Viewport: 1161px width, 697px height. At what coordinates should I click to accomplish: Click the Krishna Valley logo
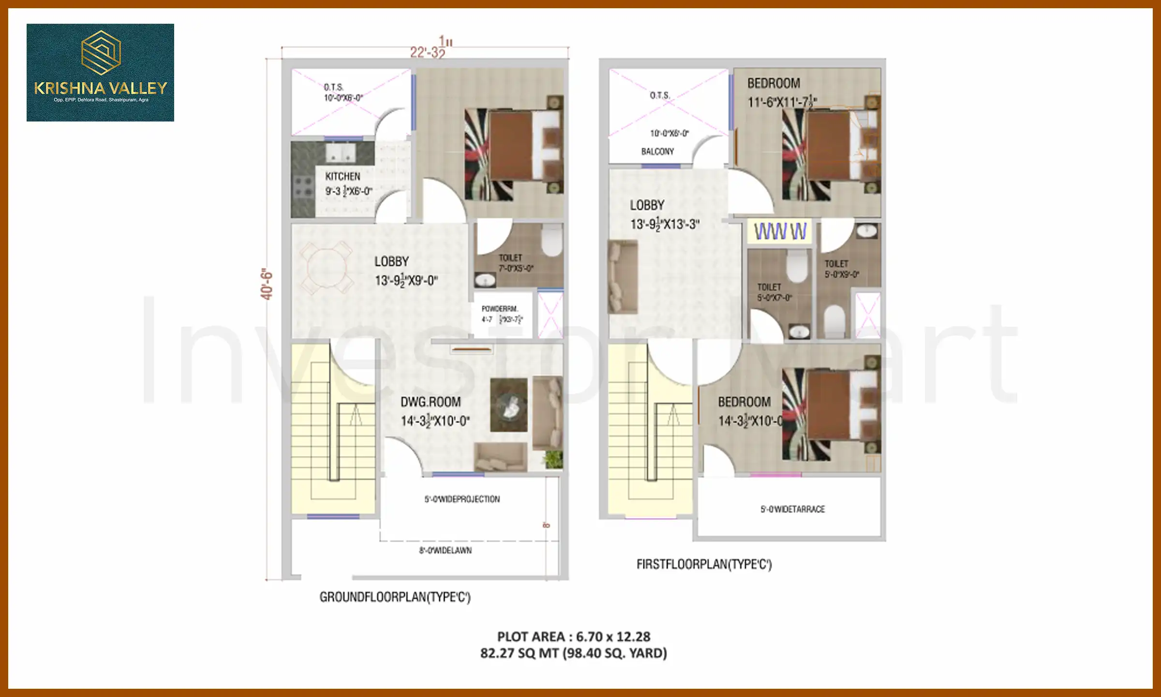pyautogui.click(x=100, y=72)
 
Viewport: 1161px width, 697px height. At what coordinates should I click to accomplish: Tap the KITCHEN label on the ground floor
pyautogui.click(x=342, y=177)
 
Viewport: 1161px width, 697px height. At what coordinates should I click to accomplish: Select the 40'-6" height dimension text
pyautogui.click(x=267, y=284)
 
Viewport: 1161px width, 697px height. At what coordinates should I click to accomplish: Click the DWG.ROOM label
pyautogui.click(x=431, y=402)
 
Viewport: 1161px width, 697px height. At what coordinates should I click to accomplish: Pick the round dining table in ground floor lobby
pyautogui.click(x=326, y=268)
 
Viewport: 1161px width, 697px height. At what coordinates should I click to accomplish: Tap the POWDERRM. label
pyautogui.click(x=499, y=309)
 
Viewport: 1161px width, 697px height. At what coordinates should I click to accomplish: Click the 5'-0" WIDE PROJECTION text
pyautogui.click(x=462, y=499)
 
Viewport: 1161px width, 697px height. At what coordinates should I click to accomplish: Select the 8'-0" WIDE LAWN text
pyautogui.click(x=445, y=550)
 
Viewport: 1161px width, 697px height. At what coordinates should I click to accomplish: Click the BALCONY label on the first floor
pyautogui.click(x=657, y=152)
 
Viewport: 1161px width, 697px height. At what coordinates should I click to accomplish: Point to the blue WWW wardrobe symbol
pyautogui.click(x=780, y=231)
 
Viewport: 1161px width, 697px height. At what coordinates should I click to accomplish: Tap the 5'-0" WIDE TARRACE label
pyautogui.click(x=792, y=509)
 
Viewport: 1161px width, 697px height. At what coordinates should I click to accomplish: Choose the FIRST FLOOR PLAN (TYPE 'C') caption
pyautogui.click(x=704, y=564)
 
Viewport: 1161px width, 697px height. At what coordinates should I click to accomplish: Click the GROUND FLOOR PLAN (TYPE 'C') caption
pyautogui.click(x=395, y=597)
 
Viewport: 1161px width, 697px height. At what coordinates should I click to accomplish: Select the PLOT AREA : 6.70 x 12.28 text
pyautogui.click(x=574, y=636)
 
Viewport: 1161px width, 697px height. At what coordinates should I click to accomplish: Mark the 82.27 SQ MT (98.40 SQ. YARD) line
pyautogui.click(x=574, y=653)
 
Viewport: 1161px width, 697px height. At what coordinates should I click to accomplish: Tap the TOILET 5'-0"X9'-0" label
pyautogui.click(x=841, y=269)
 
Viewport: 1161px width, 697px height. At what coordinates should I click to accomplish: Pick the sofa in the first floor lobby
pyautogui.click(x=623, y=277)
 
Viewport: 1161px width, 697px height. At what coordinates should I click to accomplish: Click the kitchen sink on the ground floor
pyautogui.click(x=341, y=153)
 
